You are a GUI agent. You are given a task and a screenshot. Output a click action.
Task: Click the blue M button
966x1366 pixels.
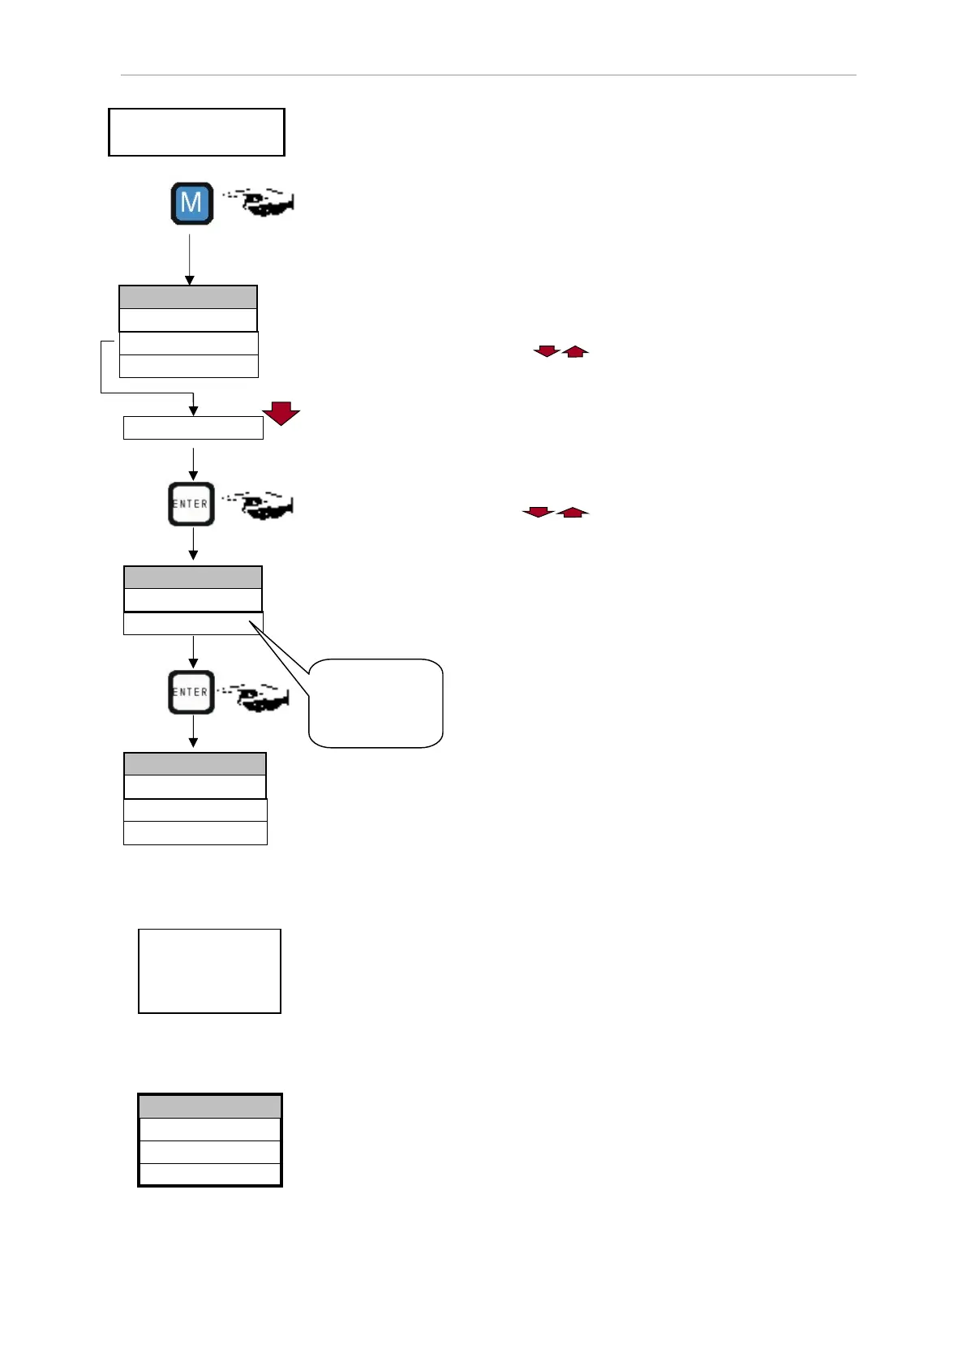point(191,203)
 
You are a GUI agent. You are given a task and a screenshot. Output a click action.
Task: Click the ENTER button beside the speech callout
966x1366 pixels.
point(191,692)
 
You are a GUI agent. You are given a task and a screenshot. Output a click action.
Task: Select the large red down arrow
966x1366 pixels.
point(281,413)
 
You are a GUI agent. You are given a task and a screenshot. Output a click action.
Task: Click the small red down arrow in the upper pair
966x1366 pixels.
point(546,350)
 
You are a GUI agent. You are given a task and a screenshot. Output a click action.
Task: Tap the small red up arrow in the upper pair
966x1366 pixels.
point(575,350)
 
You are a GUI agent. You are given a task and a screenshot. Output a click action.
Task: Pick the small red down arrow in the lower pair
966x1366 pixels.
point(538,512)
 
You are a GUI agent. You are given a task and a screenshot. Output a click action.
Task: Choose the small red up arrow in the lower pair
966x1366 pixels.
point(573,512)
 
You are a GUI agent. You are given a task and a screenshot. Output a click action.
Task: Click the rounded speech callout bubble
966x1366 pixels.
point(376,702)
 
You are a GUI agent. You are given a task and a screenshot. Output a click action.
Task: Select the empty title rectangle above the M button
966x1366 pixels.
point(196,131)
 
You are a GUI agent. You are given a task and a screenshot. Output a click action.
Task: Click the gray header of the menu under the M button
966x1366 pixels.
point(188,297)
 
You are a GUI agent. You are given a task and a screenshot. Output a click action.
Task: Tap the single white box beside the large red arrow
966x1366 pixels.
point(193,427)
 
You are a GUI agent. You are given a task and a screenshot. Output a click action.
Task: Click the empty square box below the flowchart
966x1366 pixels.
point(209,971)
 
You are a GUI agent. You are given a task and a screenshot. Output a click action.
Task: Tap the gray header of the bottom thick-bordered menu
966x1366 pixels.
point(210,1106)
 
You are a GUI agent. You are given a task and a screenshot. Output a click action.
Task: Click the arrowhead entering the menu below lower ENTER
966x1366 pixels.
point(193,742)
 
